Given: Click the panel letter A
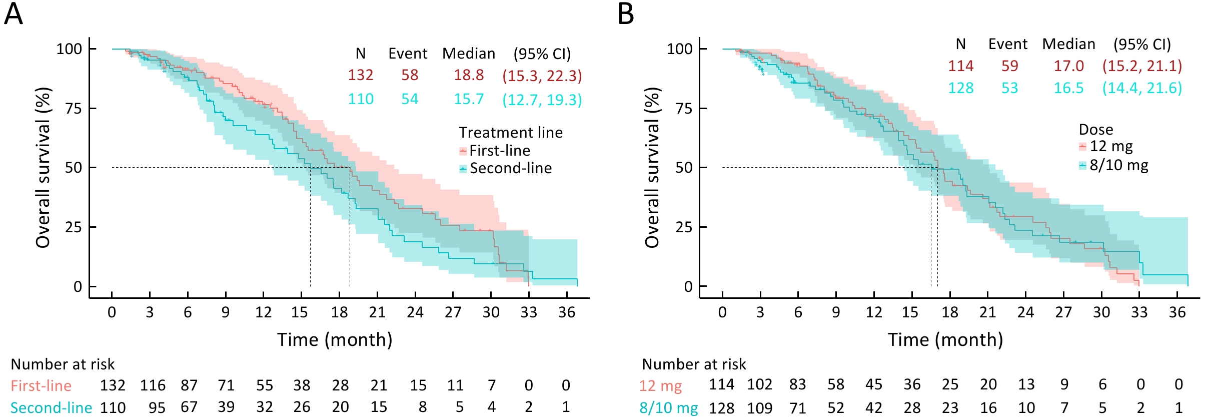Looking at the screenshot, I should click(x=14, y=14).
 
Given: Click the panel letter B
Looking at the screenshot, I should click(x=626, y=14).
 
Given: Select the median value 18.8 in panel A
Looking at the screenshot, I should click(x=469, y=75).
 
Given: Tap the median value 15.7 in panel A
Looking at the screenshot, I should click(x=469, y=99).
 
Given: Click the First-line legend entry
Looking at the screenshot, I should click(x=499, y=151).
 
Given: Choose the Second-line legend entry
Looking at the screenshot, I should click(x=510, y=168).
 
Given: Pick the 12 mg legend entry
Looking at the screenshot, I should click(x=1110, y=146).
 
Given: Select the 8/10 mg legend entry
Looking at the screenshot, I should click(x=1118, y=165).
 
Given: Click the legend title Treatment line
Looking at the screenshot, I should click(x=511, y=133).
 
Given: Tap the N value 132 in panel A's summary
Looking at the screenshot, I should click(x=361, y=75).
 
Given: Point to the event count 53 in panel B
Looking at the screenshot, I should click(x=1009, y=88).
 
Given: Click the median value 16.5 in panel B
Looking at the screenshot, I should click(x=1068, y=88).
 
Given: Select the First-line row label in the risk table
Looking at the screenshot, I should click(x=41, y=386).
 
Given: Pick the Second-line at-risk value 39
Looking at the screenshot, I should click(x=226, y=407).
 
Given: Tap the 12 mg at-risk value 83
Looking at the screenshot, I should click(x=797, y=384).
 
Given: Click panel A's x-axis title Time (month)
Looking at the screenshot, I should click(x=335, y=340).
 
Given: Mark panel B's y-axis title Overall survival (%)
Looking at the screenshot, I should click(x=652, y=168).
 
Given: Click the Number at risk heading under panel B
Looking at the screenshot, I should click(x=694, y=364).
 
